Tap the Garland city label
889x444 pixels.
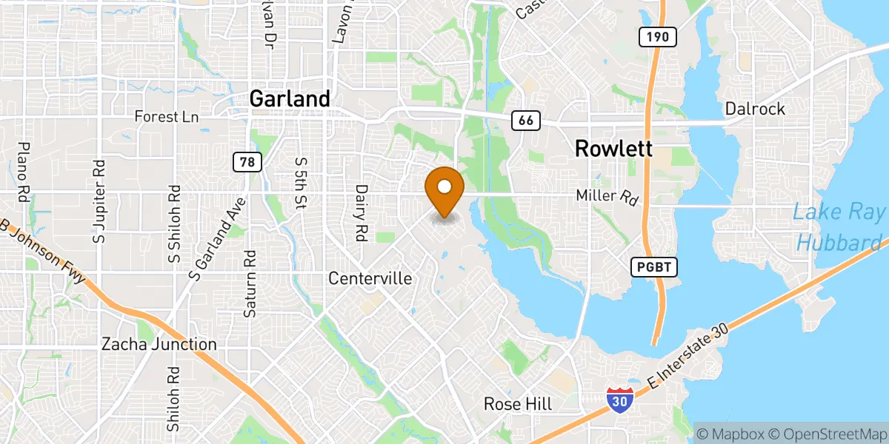pyautogui.click(x=290, y=99)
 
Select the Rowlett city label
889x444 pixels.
pyautogui.click(x=613, y=149)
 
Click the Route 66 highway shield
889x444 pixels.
pyautogui.click(x=525, y=120)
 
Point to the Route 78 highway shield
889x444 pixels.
pyautogui.click(x=246, y=161)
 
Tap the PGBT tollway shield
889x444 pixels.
pyautogui.click(x=655, y=267)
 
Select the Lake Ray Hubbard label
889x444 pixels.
pyautogui.click(x=837, y=227)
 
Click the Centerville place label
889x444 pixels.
pyautogui.click(x=370, y=278)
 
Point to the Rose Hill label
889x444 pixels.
pyautogui.click(x=518, y=404)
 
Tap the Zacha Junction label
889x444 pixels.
pyautogui.click(x=159, y=344)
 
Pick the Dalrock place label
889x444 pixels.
pyautogui.click(x=755, y=109)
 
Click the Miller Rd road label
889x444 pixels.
pyautogui.click(x=607, y=198)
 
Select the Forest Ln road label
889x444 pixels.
pyautogui.click(x=167, y=117)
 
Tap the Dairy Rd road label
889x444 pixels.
pyautogui.click(x=362, y=213)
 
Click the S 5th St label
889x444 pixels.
pyautogui.click(x=300, y=183)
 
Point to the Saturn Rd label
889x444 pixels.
pyautogui.click(x=250, y=283)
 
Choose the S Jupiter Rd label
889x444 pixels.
pyautogui.click(x=98, y=201)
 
